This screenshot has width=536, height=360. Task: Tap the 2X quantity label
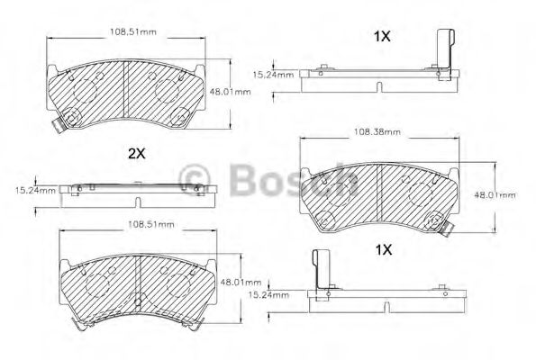click(x=137, y=153)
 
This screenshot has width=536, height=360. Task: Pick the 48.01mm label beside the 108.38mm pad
click(x=495, y=194)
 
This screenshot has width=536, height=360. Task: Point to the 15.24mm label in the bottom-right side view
click(x=269, y=293)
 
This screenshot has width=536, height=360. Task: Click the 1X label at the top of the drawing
click(x=381, y=37)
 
